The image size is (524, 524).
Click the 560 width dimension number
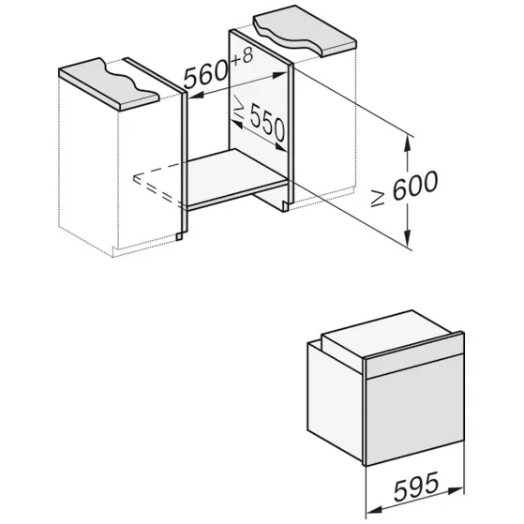point(205,75)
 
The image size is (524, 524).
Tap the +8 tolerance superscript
point(242,57)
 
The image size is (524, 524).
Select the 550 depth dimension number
point(268,123)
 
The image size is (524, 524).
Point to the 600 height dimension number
point(415,185)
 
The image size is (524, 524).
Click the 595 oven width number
point(416,487)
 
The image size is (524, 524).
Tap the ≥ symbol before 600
point(378,198)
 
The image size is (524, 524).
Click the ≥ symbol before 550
point(239,107)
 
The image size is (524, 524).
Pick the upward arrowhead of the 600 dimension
point(408,144)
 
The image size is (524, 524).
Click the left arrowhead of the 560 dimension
point(197,96)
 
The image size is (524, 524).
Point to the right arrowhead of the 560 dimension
point(280,75)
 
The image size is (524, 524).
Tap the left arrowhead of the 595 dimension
point(374,510)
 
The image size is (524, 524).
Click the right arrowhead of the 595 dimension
point(456,490)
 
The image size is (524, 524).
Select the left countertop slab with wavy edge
point(107,83)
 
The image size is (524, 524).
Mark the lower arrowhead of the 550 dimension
point(280,147)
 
